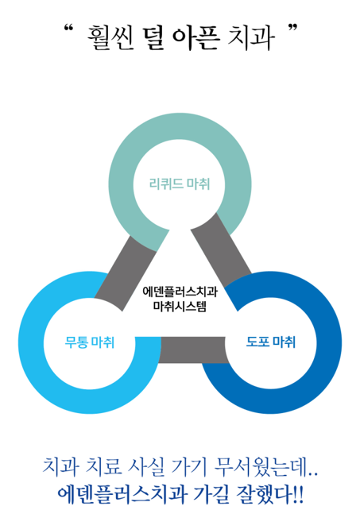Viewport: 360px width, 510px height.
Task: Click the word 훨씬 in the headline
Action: (x=110, y=38)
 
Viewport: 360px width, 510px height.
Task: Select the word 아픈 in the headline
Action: (x=195, y=38)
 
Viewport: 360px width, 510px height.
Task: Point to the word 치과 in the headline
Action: (x=251, y=38)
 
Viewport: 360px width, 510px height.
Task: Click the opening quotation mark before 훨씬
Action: (x=68, y=29)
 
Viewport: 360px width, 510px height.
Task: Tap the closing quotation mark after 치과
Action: (x=292, y=29)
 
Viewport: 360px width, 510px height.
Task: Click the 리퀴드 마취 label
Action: (x=180, y=184)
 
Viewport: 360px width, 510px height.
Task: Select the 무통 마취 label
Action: (x=90, y=342)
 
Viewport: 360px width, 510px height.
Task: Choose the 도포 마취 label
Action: (x=271, y=342)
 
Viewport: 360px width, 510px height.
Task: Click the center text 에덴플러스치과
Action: (x=180, y=292)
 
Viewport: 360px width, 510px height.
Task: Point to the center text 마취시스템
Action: (x=180, y=307)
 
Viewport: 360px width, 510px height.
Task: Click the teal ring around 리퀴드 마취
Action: (x=180, y=126)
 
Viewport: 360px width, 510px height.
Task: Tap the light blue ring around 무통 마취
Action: (x=31, y=343)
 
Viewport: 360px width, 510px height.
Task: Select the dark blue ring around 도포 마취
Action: (x=329, y=343)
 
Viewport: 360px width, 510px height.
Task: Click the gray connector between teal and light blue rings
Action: (x=126, y=273)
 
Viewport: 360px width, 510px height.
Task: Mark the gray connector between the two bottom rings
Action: (x=192, y=350)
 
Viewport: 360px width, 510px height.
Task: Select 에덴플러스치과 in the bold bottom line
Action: (x=122, y=494)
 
